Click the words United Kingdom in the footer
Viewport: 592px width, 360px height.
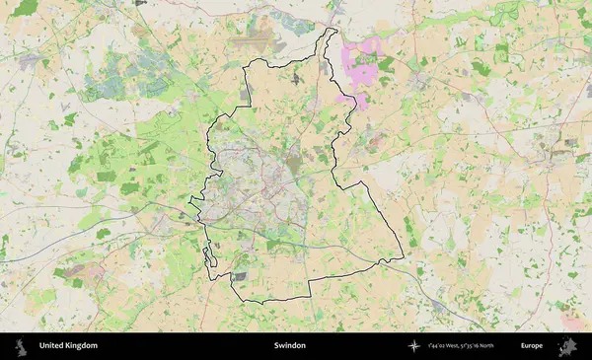[x=68, y=346]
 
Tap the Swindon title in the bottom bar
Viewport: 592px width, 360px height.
[x=290, y=346]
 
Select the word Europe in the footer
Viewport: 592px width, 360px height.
[x=532, y=346]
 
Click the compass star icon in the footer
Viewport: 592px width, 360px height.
[x=414, y=346]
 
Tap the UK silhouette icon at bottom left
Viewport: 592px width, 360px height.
[x=19, y=346]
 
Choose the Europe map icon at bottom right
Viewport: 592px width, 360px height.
[x=567, y=346]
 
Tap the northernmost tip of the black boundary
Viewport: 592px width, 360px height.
[x=330, y=30]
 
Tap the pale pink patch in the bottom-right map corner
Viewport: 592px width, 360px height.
[x=572, y=322]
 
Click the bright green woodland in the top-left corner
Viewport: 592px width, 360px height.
[x=25, y=8]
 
